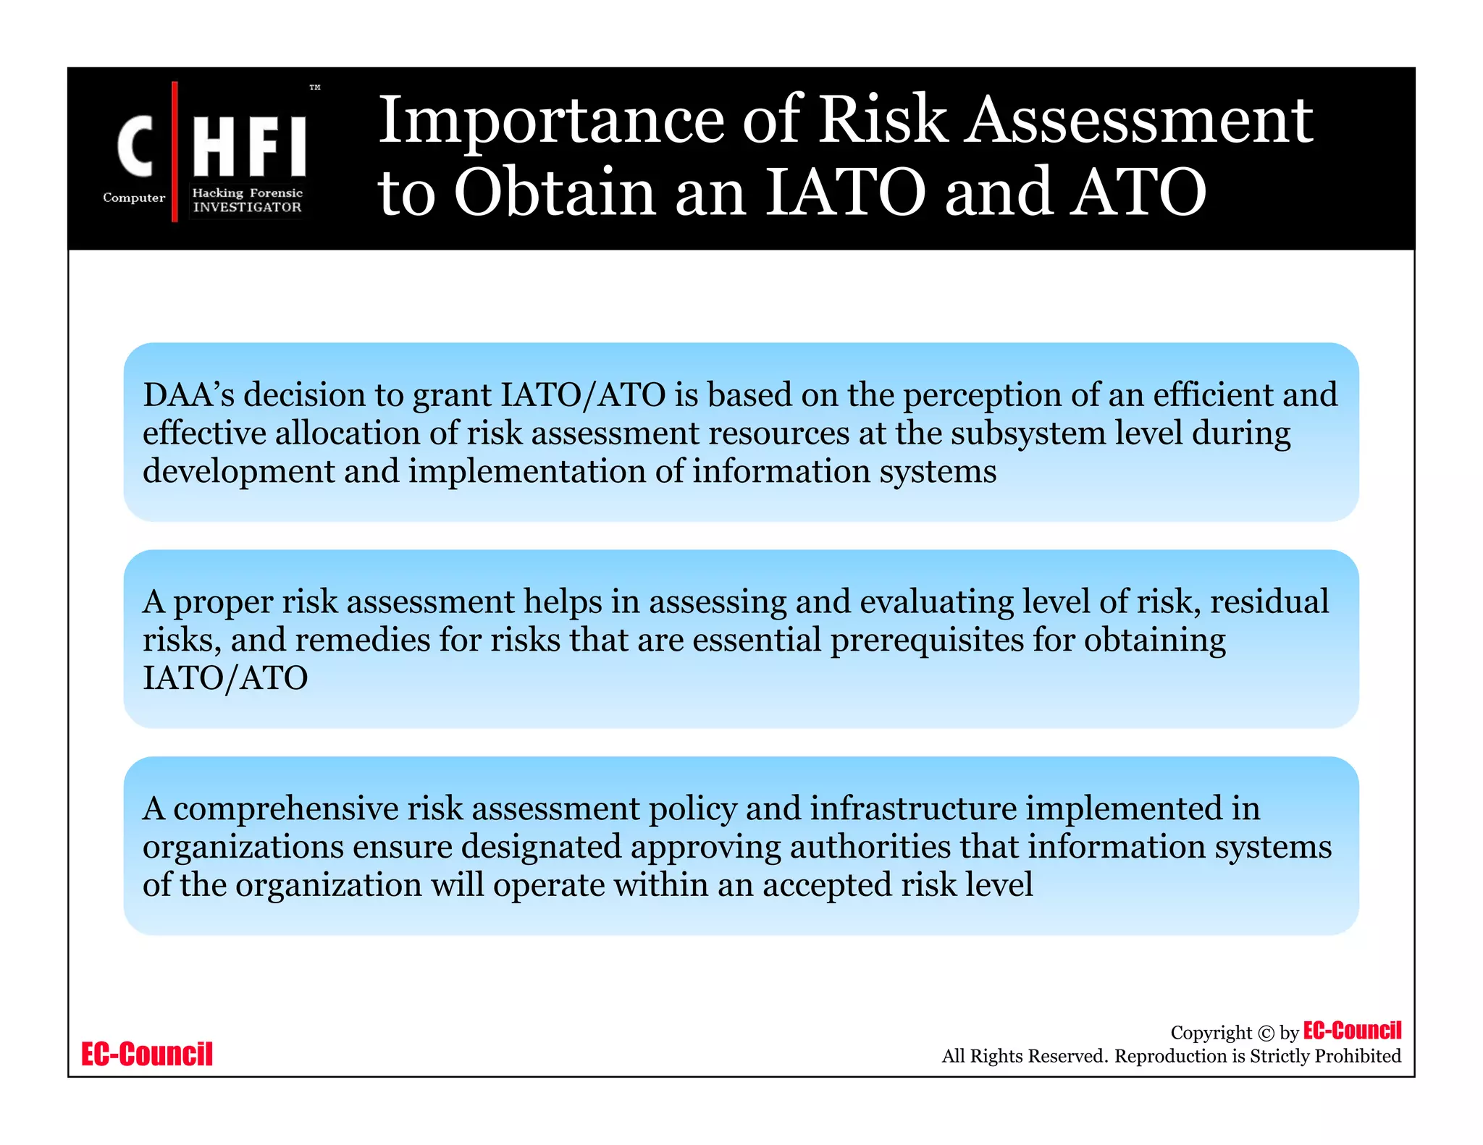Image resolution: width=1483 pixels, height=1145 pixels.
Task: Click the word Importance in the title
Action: click(x=552, y=120)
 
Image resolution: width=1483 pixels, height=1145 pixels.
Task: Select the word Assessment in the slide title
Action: click(x=1140, y=120)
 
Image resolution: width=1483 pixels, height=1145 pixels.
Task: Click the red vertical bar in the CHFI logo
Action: click(x=175, y=151)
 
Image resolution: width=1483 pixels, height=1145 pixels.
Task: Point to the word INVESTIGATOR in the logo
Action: click(x=247, y=208)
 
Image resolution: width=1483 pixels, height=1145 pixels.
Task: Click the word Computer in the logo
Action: click(x=134, y=198)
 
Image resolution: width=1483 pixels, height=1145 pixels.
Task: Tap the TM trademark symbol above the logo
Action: click(x=315, y=88)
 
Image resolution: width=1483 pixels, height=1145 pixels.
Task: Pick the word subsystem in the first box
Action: click(x=1028, y=434)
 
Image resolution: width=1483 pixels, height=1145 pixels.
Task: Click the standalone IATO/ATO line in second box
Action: click(x=225, y=678)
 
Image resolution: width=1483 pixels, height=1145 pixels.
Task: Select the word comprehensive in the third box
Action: click(x=286, y=809)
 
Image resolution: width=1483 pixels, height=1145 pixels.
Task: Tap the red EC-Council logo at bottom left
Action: click(x=147, y=1054)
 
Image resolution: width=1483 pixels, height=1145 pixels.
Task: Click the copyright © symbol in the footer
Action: click(x=1266, y=1034)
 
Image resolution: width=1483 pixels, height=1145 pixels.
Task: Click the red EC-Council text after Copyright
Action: click(x=1352, y=1030)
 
